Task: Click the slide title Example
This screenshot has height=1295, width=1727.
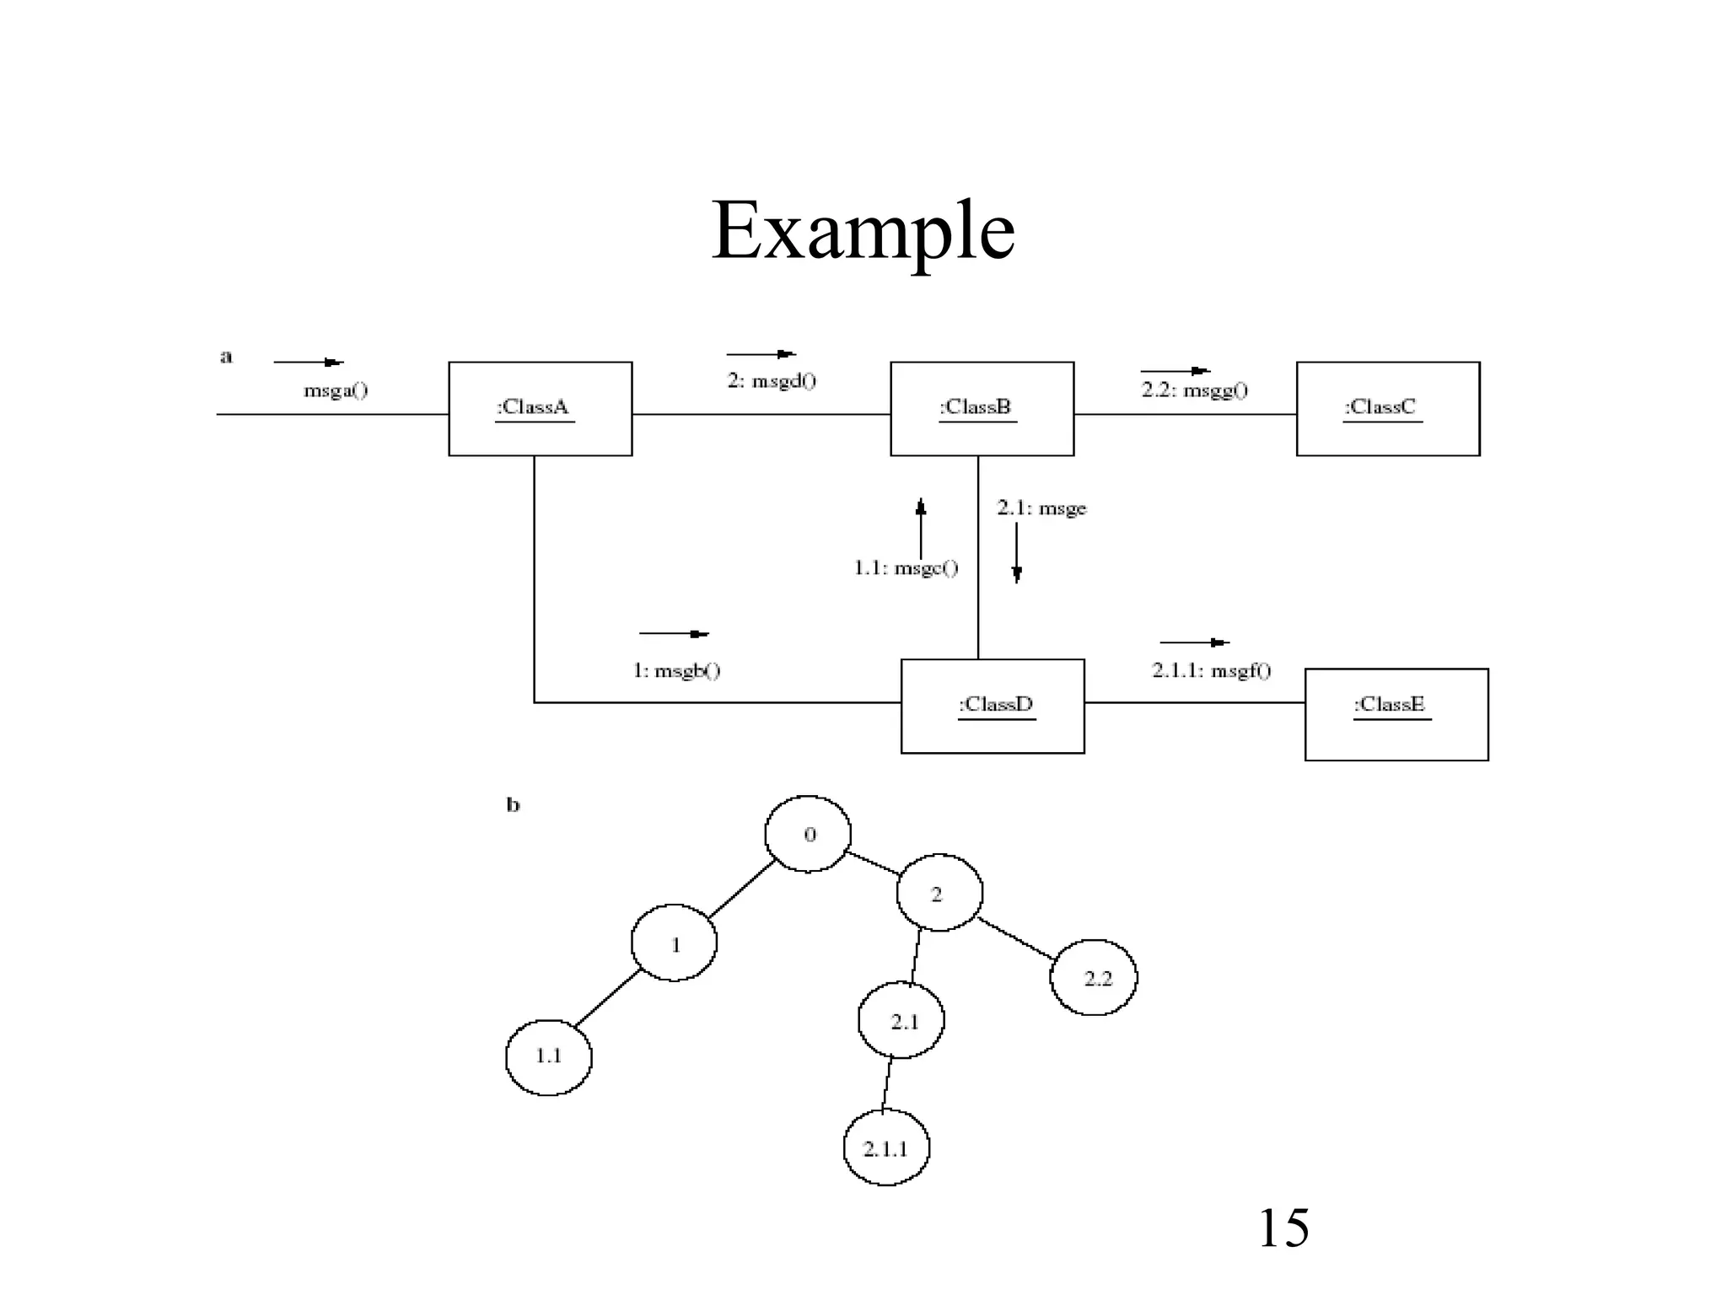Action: [x=863, y=231]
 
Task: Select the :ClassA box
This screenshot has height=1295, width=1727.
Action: [x=540, y=409]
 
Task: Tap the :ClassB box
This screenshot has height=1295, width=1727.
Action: [x=982, y=409]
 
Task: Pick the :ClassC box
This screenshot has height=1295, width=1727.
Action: [x=1387, y=409]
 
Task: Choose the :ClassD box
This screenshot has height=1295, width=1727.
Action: [x=993, y=706]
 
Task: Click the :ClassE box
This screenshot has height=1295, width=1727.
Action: [x=1396, y=714]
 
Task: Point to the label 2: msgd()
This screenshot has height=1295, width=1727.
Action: [x=772, y=381]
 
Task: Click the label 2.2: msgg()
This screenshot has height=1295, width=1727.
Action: [x=1194, y=390]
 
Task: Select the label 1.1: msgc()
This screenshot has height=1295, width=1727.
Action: [x=906, y=568]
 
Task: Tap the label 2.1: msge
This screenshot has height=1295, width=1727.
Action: [x=1041, y=508]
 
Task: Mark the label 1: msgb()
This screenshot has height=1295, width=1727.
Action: [x=676, y=671]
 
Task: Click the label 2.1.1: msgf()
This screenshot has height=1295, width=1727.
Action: [x=1211, y=671]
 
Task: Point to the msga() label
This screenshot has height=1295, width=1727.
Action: [x=336, y=390]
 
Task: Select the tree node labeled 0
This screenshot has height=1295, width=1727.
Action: [x=808, y=834]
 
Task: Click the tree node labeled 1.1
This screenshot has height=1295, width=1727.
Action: [x=548, y=1056]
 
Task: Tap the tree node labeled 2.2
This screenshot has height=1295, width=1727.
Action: [x=1094, y=978]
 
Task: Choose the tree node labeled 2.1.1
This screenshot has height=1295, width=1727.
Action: [x=886, y=1148]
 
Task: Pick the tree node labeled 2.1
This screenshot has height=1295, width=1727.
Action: [x=901, y=1020]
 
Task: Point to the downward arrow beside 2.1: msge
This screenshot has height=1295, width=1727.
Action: [x=1016, y=553]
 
